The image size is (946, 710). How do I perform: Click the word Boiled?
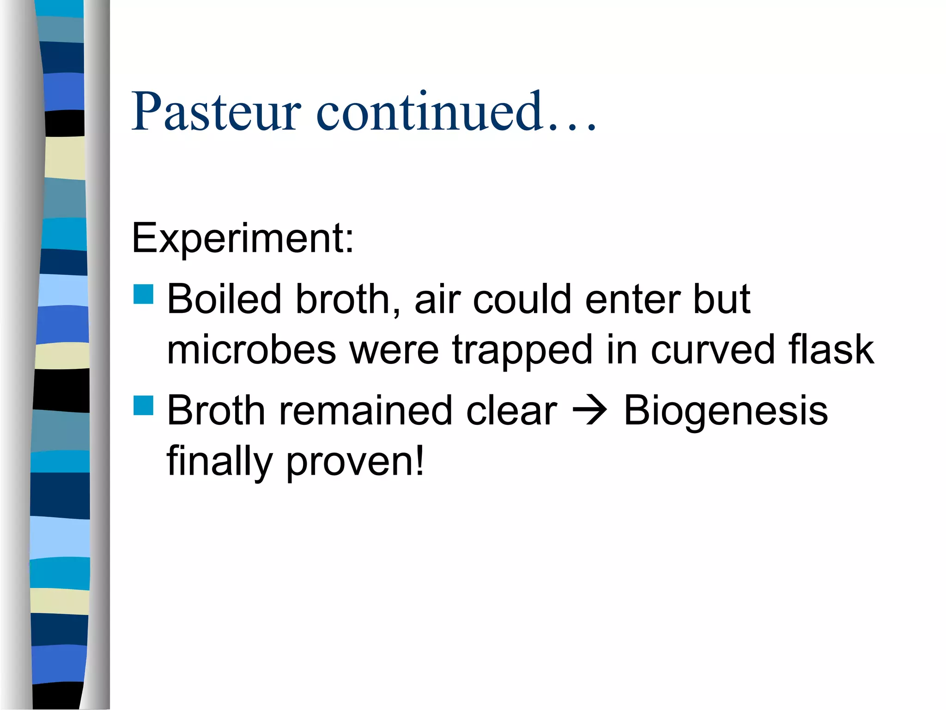pyautogui.click(x=224, y=299)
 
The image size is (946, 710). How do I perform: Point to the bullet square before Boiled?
pyautogui.click(x=143, y=294)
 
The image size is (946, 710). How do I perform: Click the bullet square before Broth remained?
pyautogui.click(x=143, y=405)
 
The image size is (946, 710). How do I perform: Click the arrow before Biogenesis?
pyautogui.click(x=590, y=410)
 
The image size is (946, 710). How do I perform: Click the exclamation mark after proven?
pyautogui.click(x=419, y=460)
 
